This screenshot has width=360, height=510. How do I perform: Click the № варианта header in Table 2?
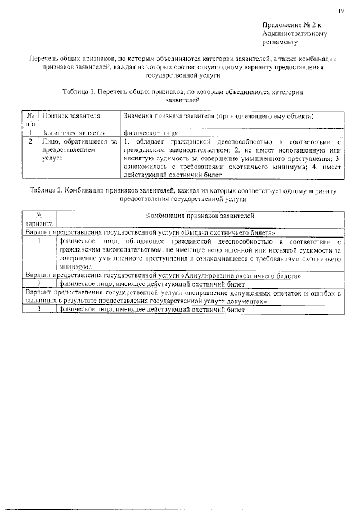39,220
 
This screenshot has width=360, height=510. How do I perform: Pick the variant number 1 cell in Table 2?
39,240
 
